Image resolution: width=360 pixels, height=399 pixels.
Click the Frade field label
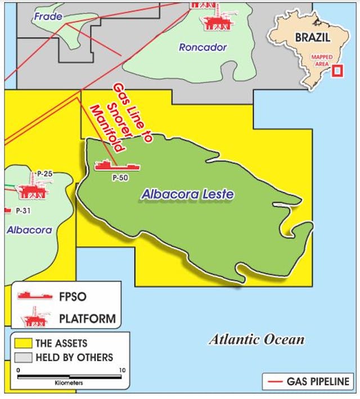click(48, 16)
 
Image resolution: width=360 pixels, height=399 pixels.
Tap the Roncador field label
click(202, 47)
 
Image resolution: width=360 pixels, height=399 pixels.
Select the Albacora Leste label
click(187, 194)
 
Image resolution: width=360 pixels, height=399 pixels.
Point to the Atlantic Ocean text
click(256, 339)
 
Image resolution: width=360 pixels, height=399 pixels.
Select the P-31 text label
click(23, 210)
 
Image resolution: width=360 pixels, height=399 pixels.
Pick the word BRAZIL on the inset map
click(313, 39)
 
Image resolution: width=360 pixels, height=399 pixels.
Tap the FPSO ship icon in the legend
click(34, 295)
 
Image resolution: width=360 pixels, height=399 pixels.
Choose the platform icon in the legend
click(35, 317)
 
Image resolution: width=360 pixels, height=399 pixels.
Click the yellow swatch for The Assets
click(23, 343)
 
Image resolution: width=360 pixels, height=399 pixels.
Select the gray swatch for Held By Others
click(23, 357)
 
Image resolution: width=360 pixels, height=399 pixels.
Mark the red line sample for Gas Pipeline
click(274, 381)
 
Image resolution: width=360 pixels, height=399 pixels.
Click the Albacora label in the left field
click(29, 230)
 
